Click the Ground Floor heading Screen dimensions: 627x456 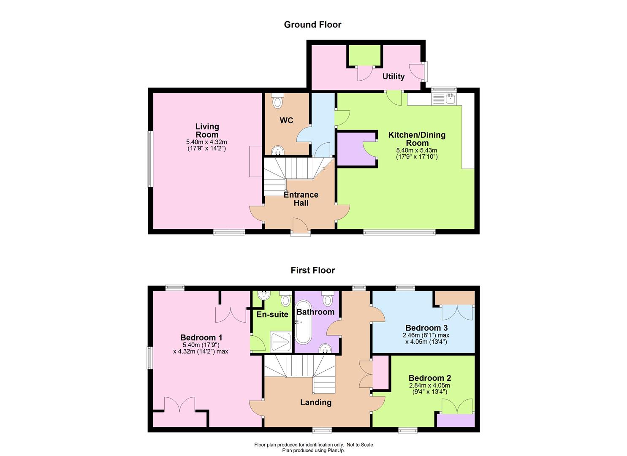(x=312, y=24)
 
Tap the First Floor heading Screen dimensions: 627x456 (x=313, y=270)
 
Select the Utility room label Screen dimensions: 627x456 (x=393, y=76)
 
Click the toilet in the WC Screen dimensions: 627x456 (x=277, y=101)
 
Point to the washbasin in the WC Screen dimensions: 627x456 (x=278, y=151)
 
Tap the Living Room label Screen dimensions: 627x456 (x=207, y=130)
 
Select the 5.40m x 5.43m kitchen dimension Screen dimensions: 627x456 (x=416, y=150)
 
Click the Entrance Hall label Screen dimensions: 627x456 (x=301, y=199)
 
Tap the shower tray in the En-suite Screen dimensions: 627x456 (x=282, y=342)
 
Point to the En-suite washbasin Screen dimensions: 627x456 (x=263, y=295)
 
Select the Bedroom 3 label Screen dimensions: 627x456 (x=426, y=328)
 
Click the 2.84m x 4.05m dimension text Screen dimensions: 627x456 (x=430, y=385)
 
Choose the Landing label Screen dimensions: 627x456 (x=316, y=402)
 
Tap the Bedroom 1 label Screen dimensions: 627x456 (x=201, y=337)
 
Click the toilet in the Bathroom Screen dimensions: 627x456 (x=328, y=299)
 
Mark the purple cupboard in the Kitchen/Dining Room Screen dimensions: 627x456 (x=356, y=149)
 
